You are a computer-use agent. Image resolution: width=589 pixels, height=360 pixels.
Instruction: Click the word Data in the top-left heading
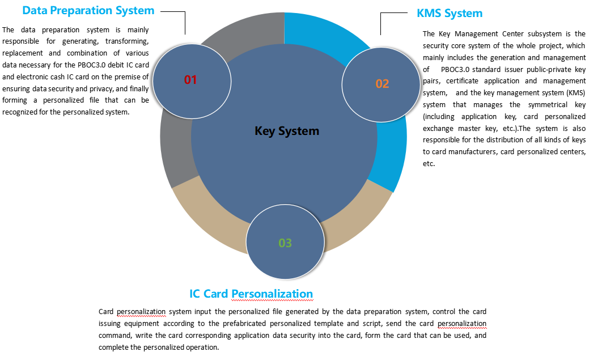(34, 10)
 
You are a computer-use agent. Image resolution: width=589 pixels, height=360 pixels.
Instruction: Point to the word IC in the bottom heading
(194, 294)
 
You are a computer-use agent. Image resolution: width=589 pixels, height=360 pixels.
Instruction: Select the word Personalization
(272, 294)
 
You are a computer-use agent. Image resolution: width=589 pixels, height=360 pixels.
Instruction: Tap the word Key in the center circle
(265, 131)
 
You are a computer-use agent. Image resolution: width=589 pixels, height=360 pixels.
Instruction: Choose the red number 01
(190, 80)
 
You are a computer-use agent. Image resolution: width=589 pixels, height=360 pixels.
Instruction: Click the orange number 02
(382, 84)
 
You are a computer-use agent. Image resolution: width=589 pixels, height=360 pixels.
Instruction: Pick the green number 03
(285, 243)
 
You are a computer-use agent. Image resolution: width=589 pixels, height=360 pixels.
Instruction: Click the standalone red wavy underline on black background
(141, 316)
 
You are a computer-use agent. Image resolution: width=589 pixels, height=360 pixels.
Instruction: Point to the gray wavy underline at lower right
(461, 328)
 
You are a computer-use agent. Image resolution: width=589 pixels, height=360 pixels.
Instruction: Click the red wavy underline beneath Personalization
(272, 301)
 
